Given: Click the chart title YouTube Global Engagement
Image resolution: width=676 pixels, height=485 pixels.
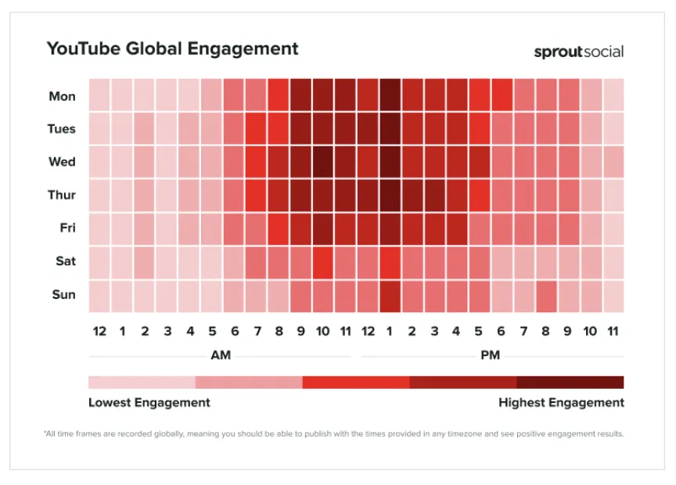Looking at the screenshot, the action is coord(172,49).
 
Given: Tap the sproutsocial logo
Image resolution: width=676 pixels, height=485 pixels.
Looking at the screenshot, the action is coord(578,52).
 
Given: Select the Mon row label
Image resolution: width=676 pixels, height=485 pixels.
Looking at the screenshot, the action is coord(62,96).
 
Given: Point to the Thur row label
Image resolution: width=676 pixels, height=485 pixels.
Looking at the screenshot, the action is coord(62,195).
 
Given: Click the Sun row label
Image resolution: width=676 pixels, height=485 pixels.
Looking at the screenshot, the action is coord(64,294).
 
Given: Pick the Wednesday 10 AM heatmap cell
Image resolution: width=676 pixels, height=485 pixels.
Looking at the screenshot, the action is coord(323,162).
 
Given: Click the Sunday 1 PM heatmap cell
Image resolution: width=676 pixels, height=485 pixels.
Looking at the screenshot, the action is coord(390,296).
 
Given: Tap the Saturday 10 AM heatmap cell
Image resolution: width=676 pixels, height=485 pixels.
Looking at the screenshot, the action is coord(323,263).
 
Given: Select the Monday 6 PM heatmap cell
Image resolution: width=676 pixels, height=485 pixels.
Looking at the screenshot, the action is coord(502,95).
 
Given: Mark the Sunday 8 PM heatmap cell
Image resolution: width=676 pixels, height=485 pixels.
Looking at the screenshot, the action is coord(547,296).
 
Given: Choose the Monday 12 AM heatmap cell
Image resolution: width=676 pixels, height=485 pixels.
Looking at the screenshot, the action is coord(99,95).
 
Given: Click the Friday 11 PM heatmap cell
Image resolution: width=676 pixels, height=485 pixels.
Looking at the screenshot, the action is coord(613,229).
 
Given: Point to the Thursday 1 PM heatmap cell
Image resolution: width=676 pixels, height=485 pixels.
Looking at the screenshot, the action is coord(390,196).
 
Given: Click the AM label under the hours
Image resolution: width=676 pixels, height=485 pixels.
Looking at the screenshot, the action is coord(221,355).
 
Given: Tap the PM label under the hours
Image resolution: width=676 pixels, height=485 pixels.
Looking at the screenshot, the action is coord(491,355).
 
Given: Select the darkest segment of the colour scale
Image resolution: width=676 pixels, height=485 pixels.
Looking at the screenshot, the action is coord(570,383).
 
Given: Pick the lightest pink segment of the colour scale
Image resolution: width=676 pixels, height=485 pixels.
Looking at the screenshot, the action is coord(142,383).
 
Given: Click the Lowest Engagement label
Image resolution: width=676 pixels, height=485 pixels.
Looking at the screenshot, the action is coord(149,403).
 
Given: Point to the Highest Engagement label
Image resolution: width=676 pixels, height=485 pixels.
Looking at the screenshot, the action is coord(561,403).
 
